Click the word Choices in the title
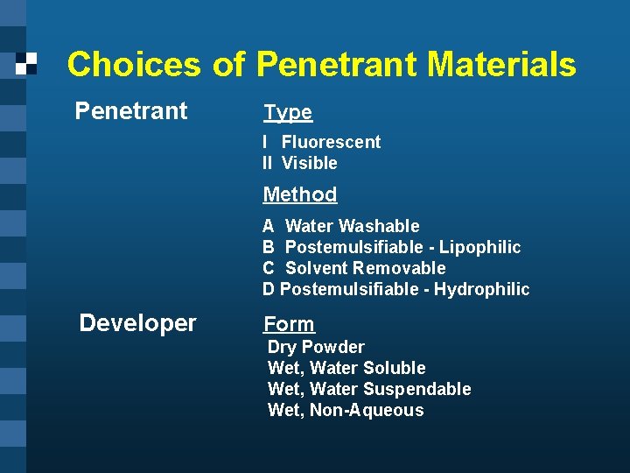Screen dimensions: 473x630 coord(133,65)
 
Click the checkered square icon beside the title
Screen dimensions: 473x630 coord(27,63)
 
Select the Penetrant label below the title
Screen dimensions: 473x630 coord(131,111)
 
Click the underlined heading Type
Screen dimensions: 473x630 coord(288,113)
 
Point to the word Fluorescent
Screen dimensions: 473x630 coord(331,142)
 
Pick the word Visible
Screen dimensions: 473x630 coord(309,163)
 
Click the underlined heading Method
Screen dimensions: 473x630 coord(299,194)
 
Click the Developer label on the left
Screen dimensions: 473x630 coord(137,323)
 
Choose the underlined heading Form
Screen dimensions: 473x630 coord(289,325)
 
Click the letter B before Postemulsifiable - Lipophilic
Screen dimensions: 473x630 coord(269,247)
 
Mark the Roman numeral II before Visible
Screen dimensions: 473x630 coord(268,163)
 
